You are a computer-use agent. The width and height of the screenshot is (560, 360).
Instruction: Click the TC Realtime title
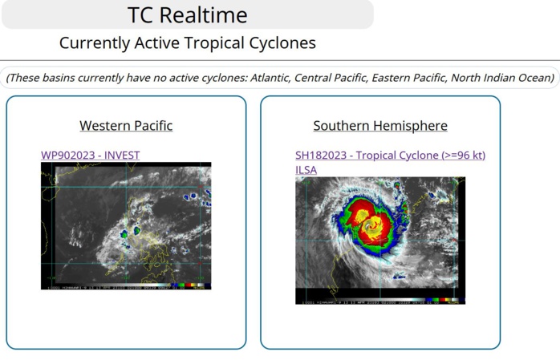[x=188, y=15]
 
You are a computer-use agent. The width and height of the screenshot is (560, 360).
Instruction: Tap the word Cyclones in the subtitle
[x=282, y=43]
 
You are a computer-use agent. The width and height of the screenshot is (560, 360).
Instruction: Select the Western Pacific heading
[x=126, y=126]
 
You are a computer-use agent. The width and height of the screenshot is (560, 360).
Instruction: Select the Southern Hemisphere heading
[x=380, y=126]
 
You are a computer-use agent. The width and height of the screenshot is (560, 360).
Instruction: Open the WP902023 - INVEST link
[x=91, y=155]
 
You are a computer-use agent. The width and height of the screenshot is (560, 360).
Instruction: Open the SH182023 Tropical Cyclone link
[x=390, y=155]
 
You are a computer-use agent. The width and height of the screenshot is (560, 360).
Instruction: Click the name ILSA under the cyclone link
[x=306, y=170]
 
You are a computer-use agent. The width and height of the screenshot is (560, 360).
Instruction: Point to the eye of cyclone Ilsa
[x=371, y=227]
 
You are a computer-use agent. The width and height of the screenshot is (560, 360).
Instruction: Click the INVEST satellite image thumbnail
[x=126, y=225]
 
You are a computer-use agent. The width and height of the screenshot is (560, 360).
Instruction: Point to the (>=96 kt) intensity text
[x=460, y=155]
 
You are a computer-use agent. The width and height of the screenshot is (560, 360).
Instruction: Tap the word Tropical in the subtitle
[x=220, y=43]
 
